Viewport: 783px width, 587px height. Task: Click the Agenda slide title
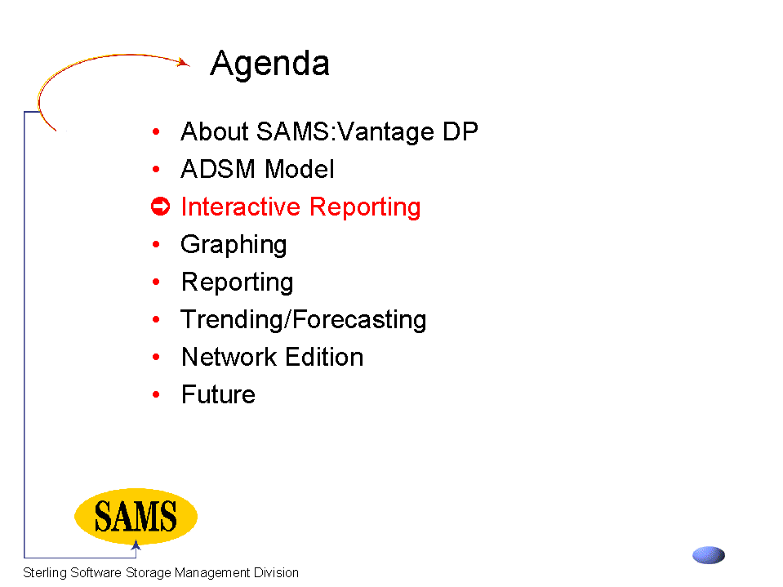tap(269, 64)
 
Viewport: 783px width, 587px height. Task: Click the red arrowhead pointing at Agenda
tap(185, 62)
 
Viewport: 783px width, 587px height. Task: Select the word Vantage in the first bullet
tap(385, 131)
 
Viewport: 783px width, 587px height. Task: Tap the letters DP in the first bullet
tap(460, 131)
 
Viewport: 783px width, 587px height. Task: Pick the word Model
tap(300, 169)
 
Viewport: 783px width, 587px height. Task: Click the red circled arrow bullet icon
tap(160, 207)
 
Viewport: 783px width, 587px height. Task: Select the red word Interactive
tap(241, 207)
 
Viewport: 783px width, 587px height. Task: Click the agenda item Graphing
tap(234, 245)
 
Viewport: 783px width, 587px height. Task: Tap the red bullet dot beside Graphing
tap(156, 244)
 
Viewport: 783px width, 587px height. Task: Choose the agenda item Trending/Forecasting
tap(304, 320)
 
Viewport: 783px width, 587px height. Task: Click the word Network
tap(229, 357)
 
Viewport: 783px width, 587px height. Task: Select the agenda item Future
tap(219, 394)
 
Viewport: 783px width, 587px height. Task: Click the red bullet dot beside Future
tap(156, 394)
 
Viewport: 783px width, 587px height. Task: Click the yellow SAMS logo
tap(136, 516)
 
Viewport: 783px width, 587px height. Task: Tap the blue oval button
tap(709, 555)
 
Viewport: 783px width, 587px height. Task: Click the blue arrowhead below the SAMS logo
tap(136, 545)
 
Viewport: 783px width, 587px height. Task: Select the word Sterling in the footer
tap(45, 572)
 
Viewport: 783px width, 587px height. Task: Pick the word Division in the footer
tap(276, 572)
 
